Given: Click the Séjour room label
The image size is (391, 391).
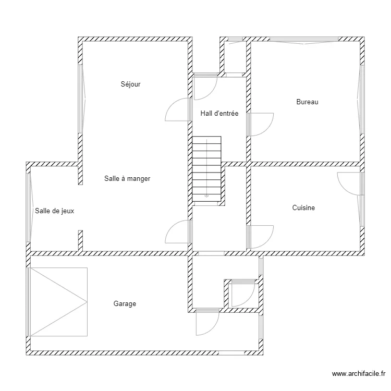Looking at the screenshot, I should tap(131, 84).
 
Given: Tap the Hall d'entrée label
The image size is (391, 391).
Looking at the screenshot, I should tap(219, 113).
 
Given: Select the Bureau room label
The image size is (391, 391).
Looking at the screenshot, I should tap(307, 102).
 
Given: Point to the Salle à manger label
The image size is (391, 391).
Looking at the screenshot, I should tap(127, 178).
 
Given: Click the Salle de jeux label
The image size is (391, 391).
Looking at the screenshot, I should tap(55, 211).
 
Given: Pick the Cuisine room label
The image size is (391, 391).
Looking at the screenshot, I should tap(303, 208).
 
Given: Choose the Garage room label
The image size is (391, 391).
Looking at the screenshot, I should tap(125, 303).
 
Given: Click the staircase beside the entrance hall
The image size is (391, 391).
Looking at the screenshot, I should tap(207, 169).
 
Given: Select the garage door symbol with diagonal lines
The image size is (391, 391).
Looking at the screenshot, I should tap(58, 301).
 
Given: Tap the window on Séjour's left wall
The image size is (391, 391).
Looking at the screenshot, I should tap(81, 99).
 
